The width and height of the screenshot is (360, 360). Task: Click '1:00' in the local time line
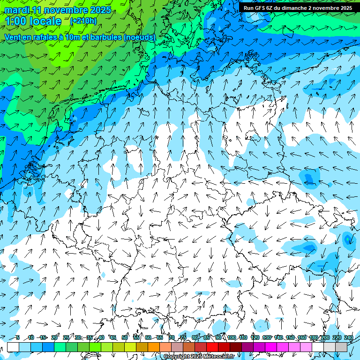click(15, 21)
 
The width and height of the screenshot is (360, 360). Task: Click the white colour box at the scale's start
click(13, 347)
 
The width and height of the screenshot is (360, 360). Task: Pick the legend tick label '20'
click(54, 337)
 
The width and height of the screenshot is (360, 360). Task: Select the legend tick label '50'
click(125, 337)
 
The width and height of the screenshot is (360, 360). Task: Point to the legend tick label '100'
click(231, 337)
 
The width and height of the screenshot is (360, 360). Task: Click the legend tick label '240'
click(348, 337)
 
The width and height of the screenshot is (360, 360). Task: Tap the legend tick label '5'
click(17, 337)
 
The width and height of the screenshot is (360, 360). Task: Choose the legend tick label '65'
click(160, 337)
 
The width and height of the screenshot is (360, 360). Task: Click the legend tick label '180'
click(313, 337)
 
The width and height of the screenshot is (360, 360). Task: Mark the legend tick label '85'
click(207, 337)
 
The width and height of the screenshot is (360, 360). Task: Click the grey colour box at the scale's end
click(341, 347)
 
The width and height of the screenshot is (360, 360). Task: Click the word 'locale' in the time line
click(45, 21)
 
